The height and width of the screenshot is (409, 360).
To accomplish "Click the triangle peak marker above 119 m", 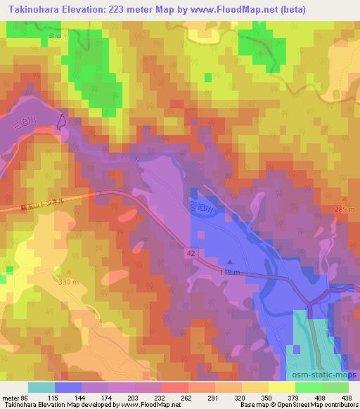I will coord(229,262).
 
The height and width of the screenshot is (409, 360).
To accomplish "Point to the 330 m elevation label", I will coord(69,281).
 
